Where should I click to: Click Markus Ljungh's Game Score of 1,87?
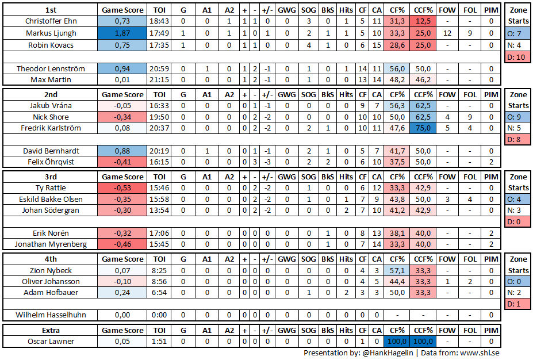[122, 33]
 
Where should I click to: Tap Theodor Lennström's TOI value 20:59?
[159, 68]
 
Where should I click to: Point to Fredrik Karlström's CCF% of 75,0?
[423, 128]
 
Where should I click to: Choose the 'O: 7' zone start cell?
[518, 34]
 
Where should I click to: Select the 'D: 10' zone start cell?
[518, 56]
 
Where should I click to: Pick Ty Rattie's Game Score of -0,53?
[122, 188]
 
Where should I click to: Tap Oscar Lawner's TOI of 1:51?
[159, 342]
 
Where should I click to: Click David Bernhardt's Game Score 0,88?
[122, 151]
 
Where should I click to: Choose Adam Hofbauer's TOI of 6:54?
[159, 293]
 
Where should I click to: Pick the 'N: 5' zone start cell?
[518, 128]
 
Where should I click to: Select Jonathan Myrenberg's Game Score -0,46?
[122, 244]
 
